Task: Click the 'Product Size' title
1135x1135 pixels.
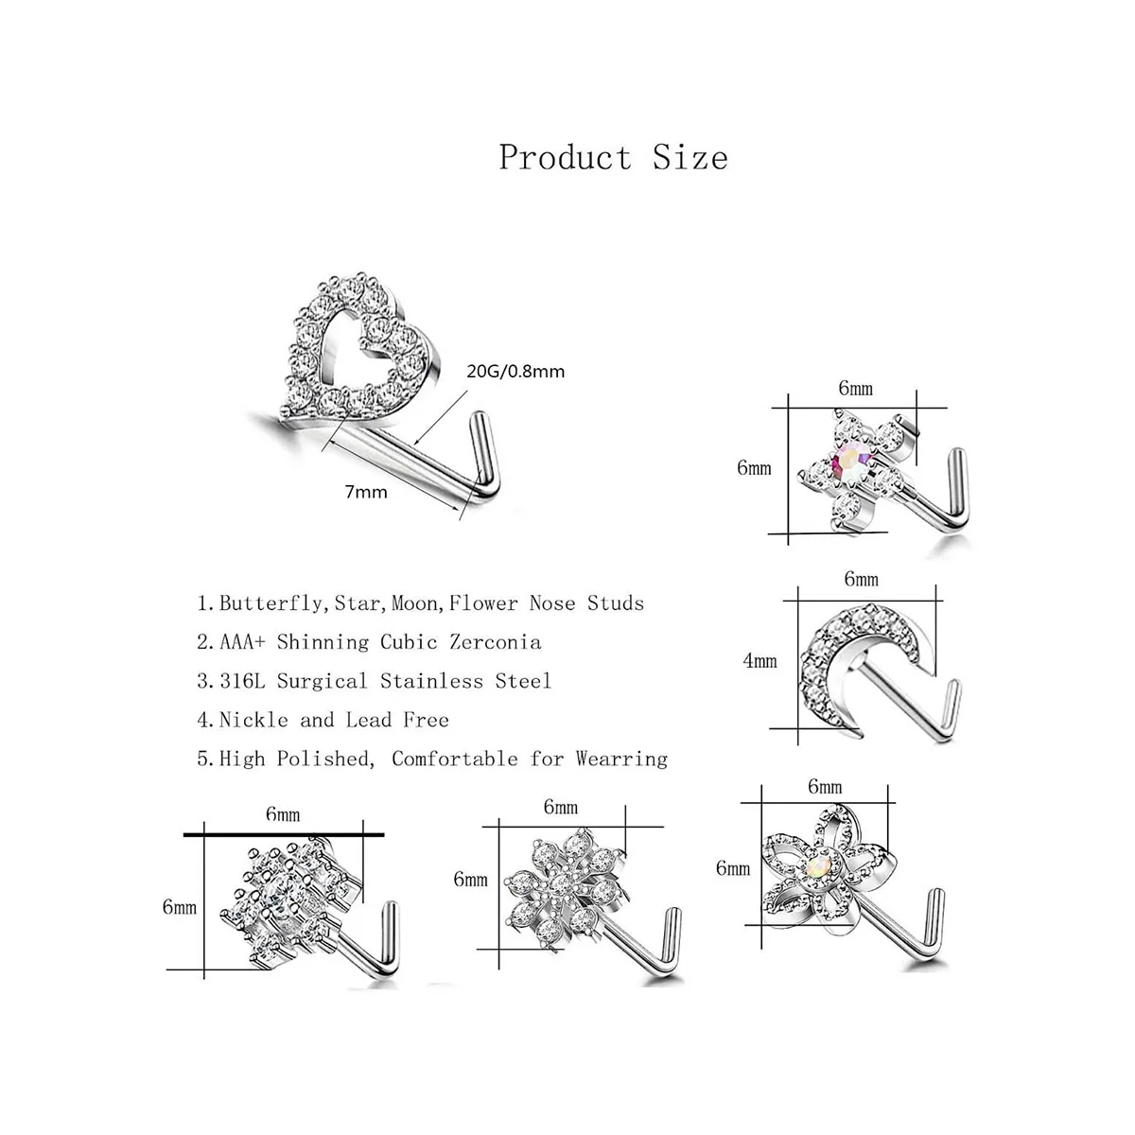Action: pos(613,157)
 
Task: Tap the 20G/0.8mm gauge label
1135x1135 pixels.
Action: pos(515,371)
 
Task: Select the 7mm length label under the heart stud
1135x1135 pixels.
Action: pos(365,492)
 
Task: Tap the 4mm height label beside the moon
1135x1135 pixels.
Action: pos(760,661)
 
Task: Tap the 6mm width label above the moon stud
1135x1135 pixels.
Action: pos(861,579)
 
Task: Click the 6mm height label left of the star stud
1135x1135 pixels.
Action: pos(754,468)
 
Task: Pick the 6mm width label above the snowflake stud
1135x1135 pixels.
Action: pos(560,807)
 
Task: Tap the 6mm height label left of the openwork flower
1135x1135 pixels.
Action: pos(733,867)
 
